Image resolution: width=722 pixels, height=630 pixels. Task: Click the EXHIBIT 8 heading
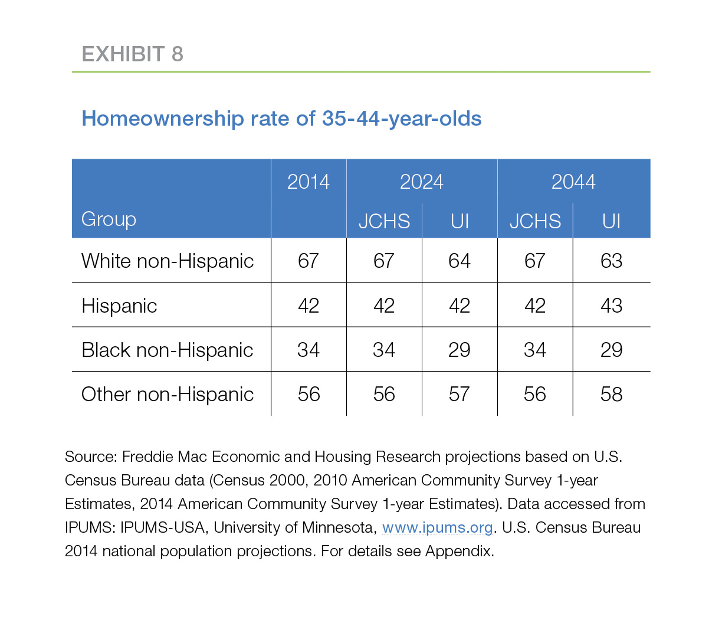[132, 54]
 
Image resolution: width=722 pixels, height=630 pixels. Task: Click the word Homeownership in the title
[163, 119]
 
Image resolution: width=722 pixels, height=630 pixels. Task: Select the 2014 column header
[308, 182]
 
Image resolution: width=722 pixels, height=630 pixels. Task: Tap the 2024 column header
[421, 182]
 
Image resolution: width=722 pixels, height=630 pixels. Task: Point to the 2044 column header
[573, 182]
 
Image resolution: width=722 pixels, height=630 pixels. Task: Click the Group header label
[109, 219]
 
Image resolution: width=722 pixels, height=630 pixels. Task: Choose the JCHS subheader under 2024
[384, 221]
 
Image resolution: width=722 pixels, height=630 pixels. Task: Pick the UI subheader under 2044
[611, 221]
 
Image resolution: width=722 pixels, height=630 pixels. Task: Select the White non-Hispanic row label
[168, 261]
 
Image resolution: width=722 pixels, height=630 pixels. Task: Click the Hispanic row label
[119, 306]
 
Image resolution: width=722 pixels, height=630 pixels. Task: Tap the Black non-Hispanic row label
[168, 350]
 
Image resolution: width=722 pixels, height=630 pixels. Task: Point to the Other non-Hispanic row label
[168, 394]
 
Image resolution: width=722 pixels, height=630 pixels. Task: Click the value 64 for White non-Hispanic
[459, 261]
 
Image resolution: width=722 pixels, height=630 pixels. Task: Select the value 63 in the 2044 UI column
[611, 261]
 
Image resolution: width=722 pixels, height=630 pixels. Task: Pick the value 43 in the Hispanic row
[611, 306]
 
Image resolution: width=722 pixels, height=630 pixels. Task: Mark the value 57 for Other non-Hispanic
[459, 394]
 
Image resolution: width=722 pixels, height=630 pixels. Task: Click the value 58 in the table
[611, 394]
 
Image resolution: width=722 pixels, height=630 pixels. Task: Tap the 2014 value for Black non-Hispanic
[308, 350]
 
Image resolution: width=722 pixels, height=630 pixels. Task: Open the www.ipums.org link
[437, 527]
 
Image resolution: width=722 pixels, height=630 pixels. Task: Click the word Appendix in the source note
[459, 552]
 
